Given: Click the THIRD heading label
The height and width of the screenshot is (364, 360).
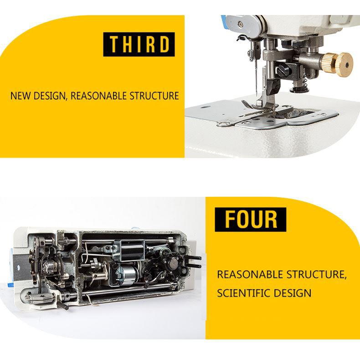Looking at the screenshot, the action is pyautogui.click(x=139, y=44).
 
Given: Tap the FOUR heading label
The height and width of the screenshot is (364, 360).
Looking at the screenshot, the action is pyautogui.click(x=250, y=220).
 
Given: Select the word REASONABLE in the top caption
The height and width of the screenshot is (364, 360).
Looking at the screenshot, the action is pyautogui.click(x=98, y=96).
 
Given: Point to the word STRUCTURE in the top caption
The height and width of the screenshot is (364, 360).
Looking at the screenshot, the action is pyautogui.click(x=154, y=96).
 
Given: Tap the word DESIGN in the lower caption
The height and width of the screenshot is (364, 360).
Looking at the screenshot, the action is pyautogui.click(x=292, y=293).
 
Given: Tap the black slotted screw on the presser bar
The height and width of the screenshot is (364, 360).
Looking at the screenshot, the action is pyautogui.click(x=283, y=69).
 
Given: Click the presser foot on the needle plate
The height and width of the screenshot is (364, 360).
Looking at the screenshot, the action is pyautogui.click(x=258, y=106).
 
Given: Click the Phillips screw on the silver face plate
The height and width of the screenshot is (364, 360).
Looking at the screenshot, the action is pyautogui.click(x=241, y=23).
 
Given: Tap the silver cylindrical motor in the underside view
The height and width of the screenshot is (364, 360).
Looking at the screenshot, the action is pyautogui.click(x=127, y=275).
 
